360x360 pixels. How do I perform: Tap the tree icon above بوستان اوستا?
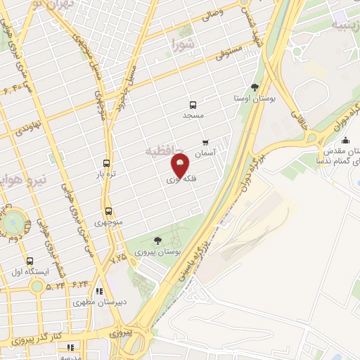(255, 87)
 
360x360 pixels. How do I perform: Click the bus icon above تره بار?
(106, 161)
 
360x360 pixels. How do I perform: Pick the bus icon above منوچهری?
(108, 210)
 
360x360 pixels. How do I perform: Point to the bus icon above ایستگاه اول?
(28, 260)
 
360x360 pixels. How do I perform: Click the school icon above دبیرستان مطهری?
(100, 290)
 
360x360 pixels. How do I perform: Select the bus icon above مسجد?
(193, 103)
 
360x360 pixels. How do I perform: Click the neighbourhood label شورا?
(185, 46)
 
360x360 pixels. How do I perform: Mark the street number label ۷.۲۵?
(120, 259)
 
